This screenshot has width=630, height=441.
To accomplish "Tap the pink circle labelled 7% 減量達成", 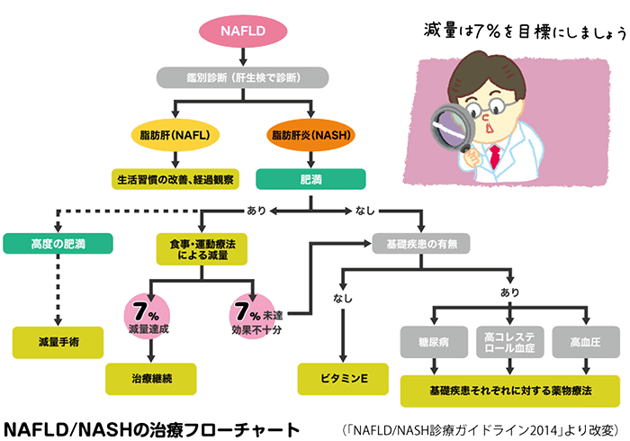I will (148, 318).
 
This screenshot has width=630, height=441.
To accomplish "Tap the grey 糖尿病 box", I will (436, 342).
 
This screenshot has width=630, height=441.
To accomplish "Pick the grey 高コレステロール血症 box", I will (509, 342).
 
